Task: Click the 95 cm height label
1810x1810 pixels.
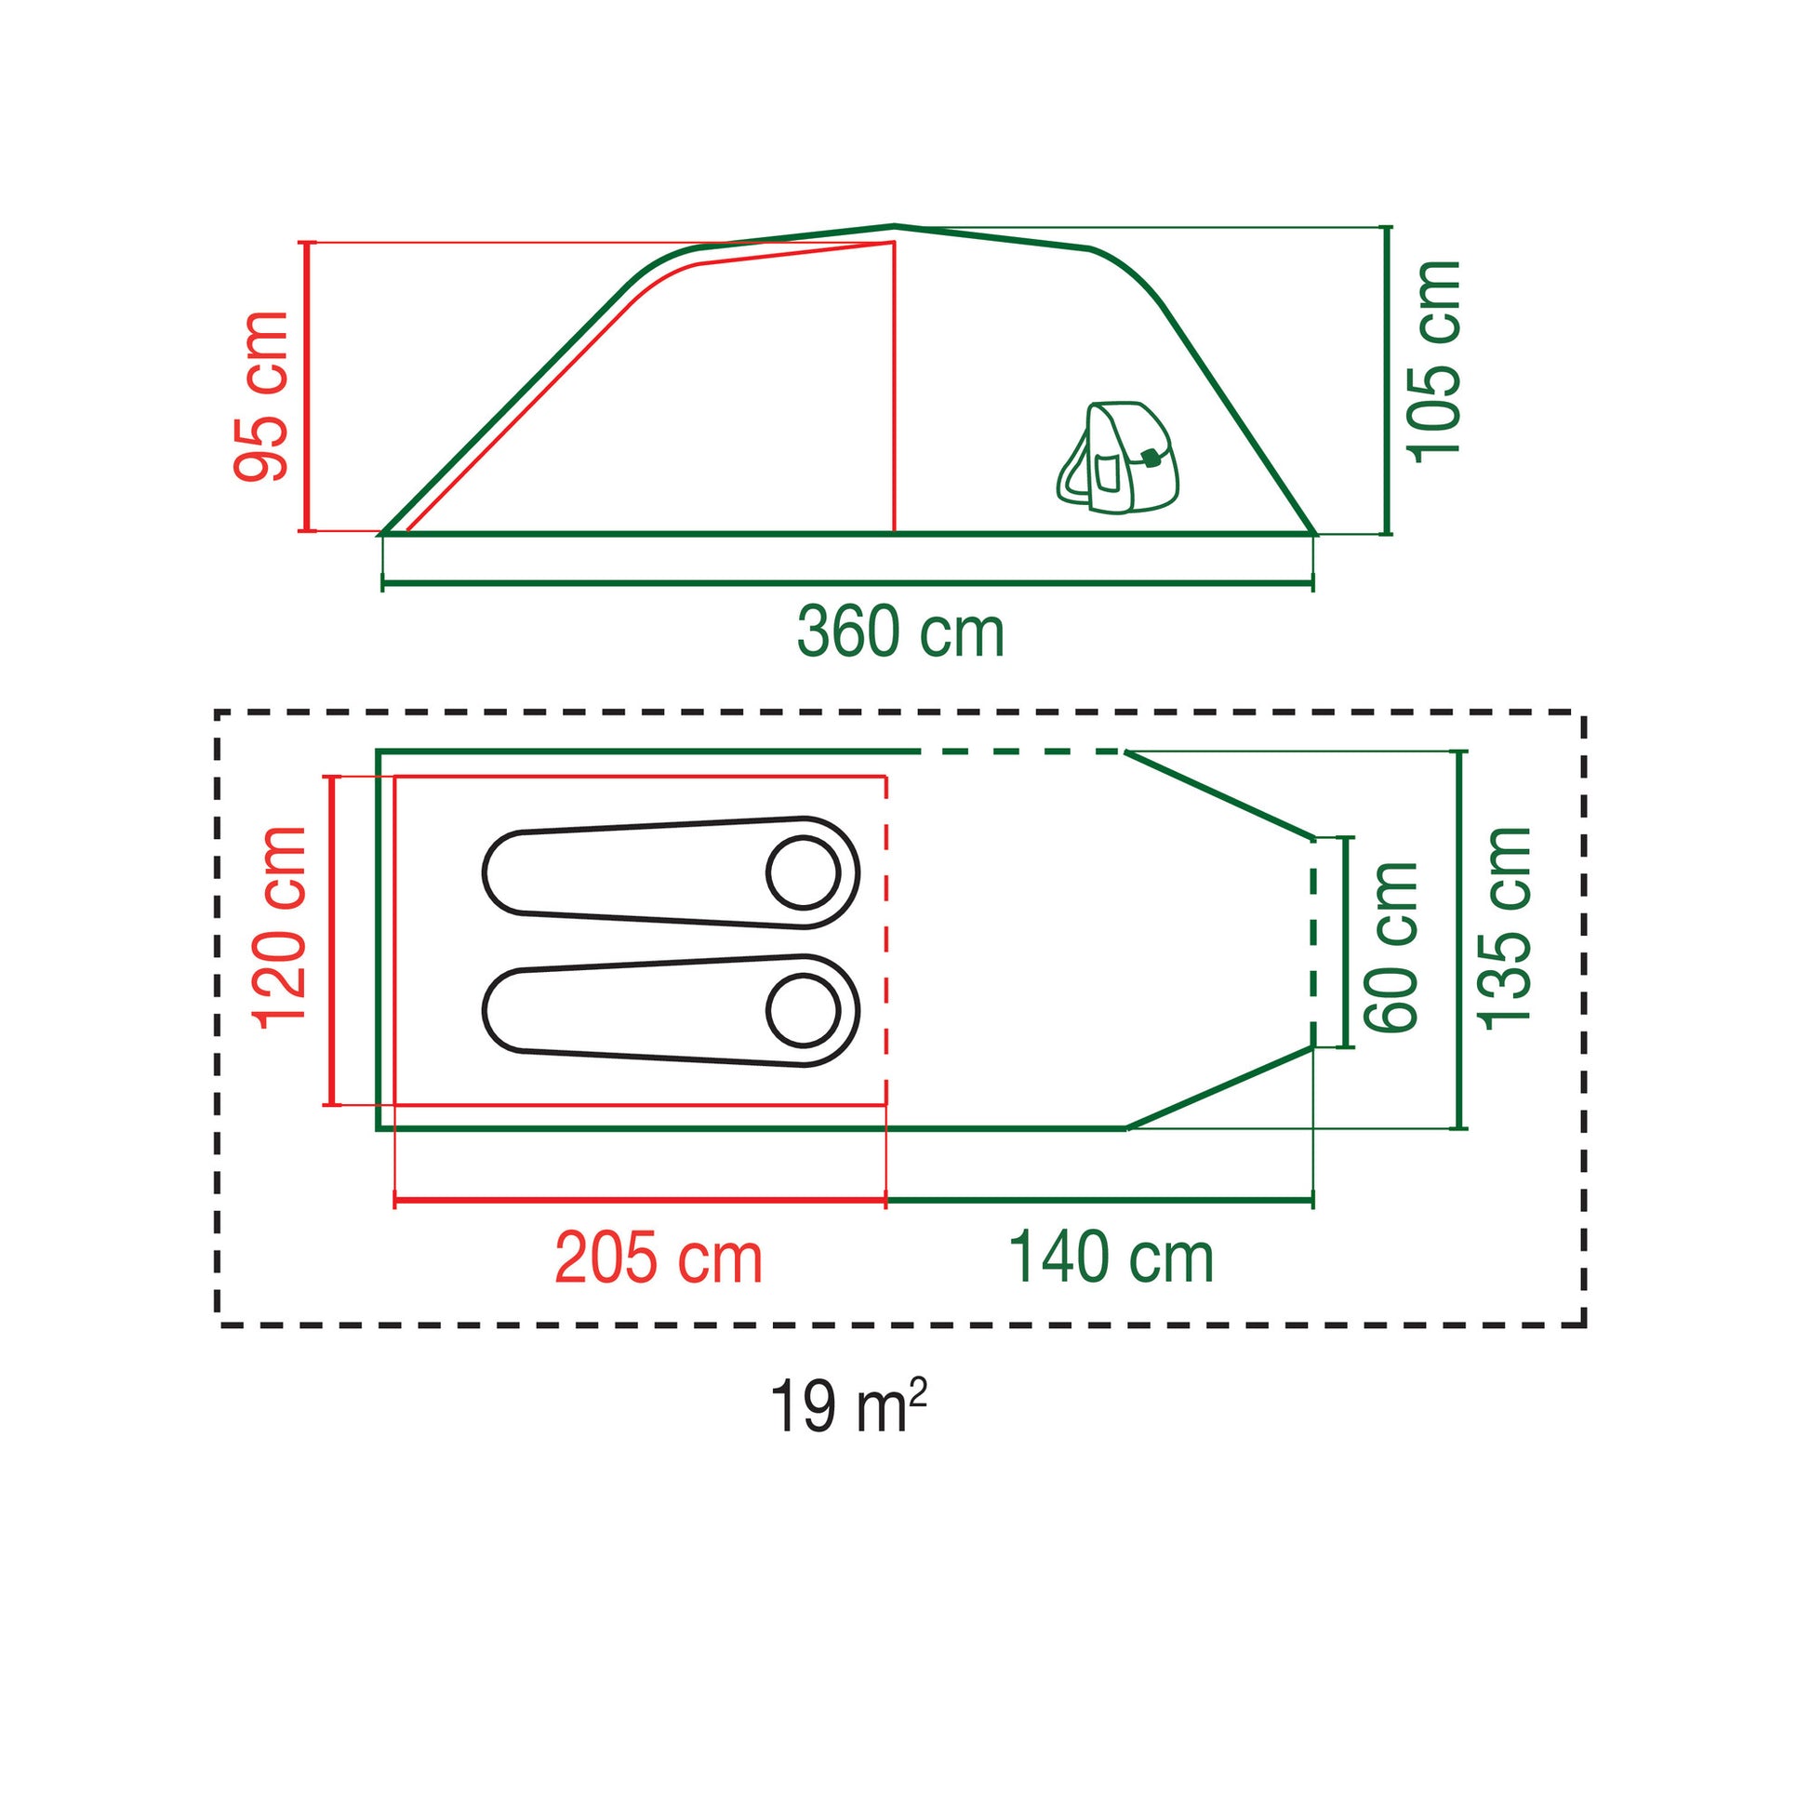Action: pos(261,397)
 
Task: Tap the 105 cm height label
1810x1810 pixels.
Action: pos(1434,362)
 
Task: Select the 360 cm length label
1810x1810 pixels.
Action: pos(900,633)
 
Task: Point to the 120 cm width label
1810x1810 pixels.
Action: pos(280,928)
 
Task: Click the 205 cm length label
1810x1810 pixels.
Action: pos(659,1260)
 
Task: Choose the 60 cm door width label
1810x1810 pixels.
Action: pos(1391,947)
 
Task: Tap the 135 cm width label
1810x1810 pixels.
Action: pos(1504,928)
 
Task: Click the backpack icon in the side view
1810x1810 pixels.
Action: pos(1118,459)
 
